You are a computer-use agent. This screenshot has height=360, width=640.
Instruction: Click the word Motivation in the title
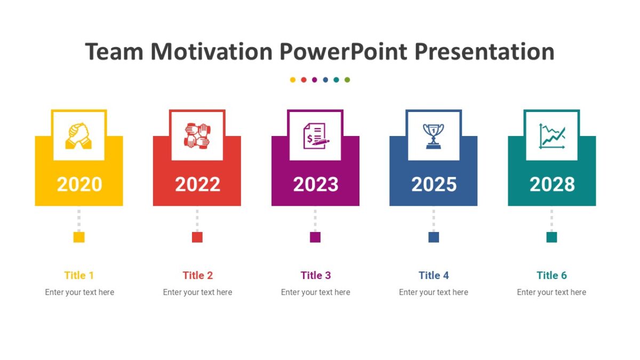coord(212,52)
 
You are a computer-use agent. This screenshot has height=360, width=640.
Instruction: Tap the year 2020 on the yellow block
coord(79,185)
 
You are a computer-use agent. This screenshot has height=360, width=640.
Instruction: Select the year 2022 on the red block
coord(197,185)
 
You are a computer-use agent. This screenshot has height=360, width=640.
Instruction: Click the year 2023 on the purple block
coord(315,185)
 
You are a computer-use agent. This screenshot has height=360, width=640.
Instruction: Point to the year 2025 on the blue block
coord(434,185)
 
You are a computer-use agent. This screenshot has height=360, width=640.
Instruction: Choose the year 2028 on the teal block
coord(552,185)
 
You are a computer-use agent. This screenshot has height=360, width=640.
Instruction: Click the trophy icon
coord(434,136)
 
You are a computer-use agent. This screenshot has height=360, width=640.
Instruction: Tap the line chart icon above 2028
coord(552,136)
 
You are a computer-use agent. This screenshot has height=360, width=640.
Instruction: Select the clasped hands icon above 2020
coord(79,136)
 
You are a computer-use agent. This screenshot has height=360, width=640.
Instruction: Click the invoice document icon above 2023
coord(315,136)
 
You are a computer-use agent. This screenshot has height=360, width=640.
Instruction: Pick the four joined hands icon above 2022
coord(197,136)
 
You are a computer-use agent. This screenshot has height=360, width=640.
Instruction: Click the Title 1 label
coord(79,275)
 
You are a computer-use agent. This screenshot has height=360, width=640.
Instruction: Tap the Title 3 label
coord(316,275)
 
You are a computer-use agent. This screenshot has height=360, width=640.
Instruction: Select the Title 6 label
coord(551,275)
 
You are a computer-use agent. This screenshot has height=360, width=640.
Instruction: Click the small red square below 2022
coord(197,237)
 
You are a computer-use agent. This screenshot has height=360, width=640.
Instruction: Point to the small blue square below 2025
coord(434,237)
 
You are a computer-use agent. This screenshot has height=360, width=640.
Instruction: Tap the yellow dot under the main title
coord(293,80)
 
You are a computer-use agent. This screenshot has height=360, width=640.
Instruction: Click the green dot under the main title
coord(347,80)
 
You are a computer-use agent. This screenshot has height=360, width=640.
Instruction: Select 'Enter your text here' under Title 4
coord(434,292)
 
